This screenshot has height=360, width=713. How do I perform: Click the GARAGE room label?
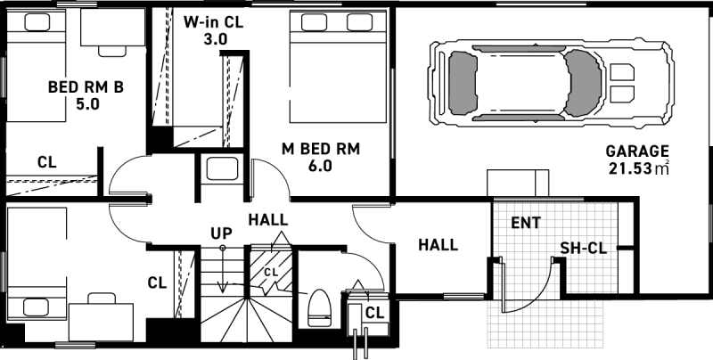click(636, 150)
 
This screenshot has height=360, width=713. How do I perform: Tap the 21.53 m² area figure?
click(638, 168)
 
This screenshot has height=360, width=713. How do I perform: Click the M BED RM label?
click(320, 149)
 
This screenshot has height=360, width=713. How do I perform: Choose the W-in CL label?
click(215, 22)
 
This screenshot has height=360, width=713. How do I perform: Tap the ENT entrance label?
click(526, 221)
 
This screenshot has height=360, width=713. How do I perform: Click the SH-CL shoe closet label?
click(584, 249)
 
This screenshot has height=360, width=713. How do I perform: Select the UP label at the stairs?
click(222, 233)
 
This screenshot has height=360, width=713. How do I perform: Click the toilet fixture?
click(318, 307)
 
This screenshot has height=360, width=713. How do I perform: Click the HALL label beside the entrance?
click(438, 244)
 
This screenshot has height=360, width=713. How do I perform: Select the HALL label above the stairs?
click(268, 219)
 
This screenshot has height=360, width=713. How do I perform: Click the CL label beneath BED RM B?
click(47, 162)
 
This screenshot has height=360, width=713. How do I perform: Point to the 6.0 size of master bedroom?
click(320, 166)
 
